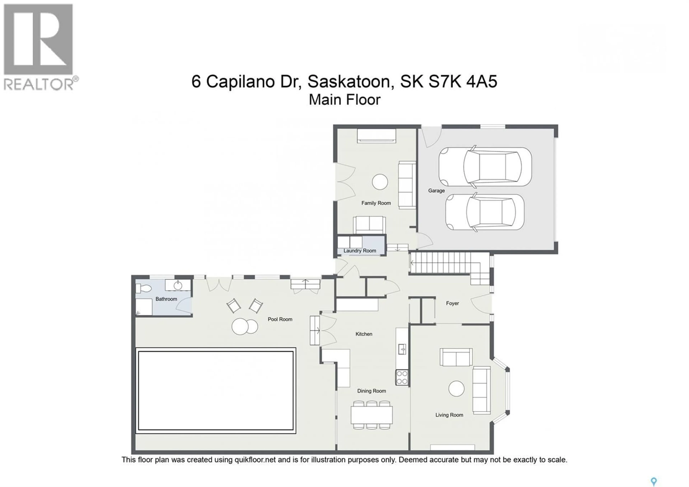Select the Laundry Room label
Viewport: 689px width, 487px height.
coord(360,251)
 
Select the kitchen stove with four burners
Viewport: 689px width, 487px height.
coord(402,377)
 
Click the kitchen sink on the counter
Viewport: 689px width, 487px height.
coord(402,349)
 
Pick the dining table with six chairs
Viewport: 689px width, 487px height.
coord(372,415)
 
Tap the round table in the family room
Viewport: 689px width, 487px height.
coord(380,182)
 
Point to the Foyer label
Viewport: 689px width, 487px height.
coord(452,303)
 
